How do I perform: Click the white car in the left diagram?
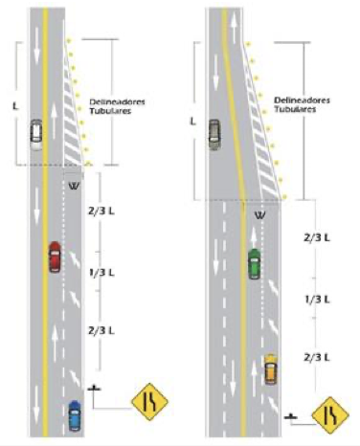coord(36,134)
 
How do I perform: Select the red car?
coord(55,257)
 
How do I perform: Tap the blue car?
coord(75,414)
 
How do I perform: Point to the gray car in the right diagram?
coord(214,133)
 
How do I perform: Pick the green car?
coord(254,263)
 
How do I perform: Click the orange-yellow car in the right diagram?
coord(271,368)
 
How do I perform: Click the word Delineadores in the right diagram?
coord(302,100)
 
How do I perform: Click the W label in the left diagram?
coord(74,185)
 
